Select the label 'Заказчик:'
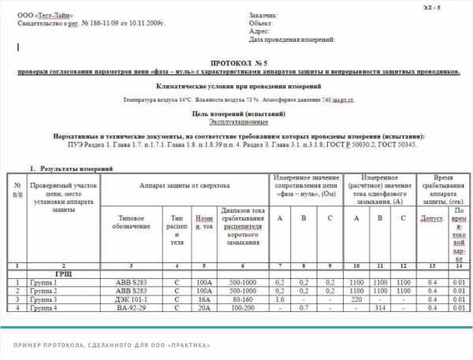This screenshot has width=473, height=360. [x=263, y=16]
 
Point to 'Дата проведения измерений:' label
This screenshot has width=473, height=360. [x=292, y=39]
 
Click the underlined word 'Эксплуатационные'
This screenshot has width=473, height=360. [x=237, y=122]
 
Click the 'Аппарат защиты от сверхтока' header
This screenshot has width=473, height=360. [x=185, y=184]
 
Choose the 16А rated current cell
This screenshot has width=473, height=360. [x=204, y=300]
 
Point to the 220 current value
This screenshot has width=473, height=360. [x=356, y=300]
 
